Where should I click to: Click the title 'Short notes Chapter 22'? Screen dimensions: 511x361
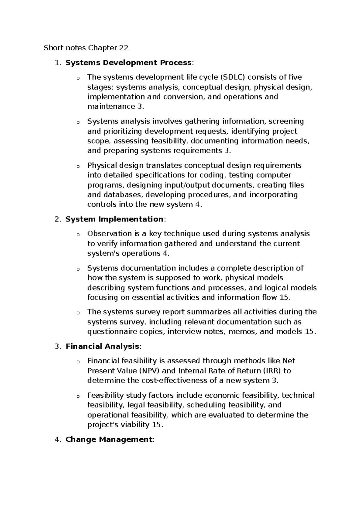tap(86, 48)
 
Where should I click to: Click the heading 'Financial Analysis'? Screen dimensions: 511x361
tap(102, 346)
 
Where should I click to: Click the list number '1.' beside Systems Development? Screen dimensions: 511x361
tap(58, 63)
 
